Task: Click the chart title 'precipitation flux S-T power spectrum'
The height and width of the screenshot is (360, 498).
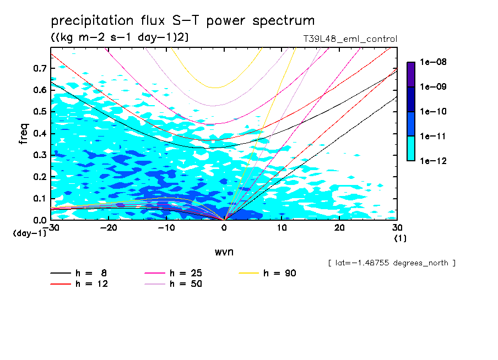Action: click(182, 21)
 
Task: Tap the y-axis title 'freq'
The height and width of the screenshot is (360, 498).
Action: click(24, 134)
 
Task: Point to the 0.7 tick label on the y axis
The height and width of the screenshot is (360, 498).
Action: click(40, 68)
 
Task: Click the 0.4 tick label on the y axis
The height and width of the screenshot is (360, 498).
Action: click(40, 134)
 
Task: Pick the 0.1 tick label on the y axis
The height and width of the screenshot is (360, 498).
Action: click(40, 198)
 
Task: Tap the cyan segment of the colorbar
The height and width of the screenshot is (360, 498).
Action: click(411, 148)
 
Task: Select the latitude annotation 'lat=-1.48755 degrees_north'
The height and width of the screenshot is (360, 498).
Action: click(392, 263)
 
